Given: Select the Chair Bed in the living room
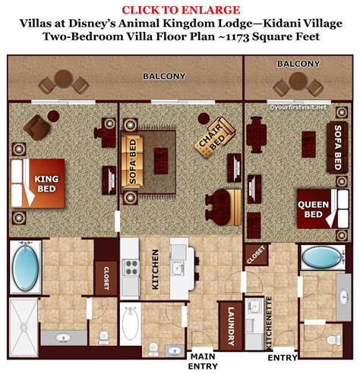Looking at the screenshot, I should click(x=212, y=143).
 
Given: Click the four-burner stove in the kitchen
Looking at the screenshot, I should click(x=131, y=266).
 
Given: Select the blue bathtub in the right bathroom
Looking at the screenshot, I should click(x=321, y=258).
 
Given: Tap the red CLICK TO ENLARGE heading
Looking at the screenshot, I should click(x=179, y=9).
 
